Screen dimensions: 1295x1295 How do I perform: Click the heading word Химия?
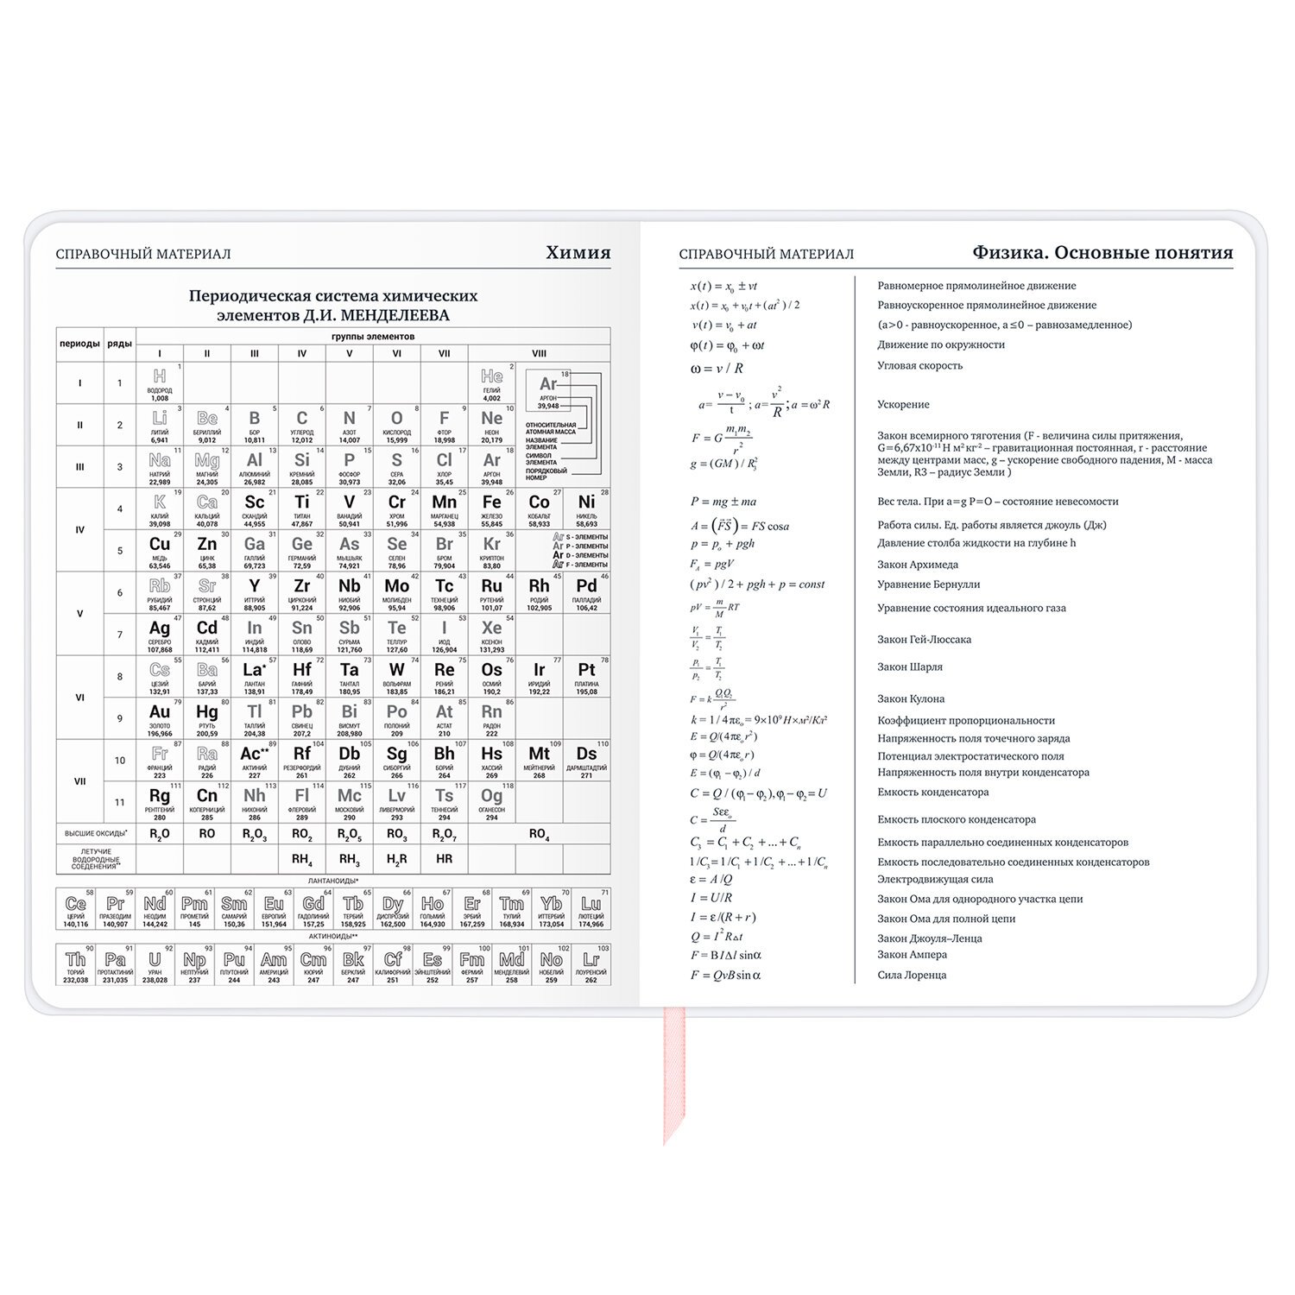point(578,253)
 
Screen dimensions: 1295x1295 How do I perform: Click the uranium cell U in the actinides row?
point(155,964)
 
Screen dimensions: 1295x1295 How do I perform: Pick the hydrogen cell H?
point(160,382)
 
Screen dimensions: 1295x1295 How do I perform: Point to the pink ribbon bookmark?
point(673,1071)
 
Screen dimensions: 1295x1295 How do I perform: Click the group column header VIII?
point(539,353)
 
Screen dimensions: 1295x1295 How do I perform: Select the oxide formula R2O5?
point(349,834)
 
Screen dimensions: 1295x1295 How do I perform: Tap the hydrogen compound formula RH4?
point(301,859)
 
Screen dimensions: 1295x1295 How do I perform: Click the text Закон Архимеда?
point(917,565)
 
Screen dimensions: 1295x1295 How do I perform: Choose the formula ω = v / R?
point(717,368)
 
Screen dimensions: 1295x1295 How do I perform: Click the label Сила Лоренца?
point(912,975)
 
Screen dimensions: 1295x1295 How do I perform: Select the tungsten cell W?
point(396,676)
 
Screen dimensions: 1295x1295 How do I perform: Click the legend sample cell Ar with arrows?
point(548,390)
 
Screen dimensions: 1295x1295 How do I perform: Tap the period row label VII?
point(80,781)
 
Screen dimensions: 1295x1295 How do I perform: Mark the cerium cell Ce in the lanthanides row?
point(76,909)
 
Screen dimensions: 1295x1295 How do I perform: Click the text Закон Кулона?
point(911,698)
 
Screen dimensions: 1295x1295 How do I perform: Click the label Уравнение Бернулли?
point(928,584)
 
